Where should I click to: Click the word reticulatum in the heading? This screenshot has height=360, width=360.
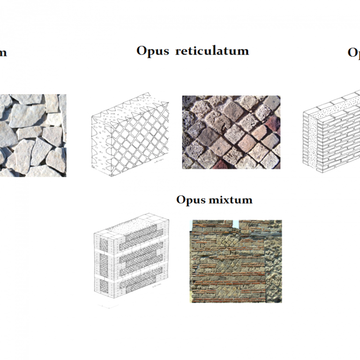212,51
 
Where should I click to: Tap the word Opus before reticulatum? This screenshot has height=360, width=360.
152,51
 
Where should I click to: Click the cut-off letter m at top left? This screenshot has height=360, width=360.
3,52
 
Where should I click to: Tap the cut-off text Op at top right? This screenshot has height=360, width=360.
353,52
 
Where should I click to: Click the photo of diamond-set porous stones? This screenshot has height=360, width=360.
231,132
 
